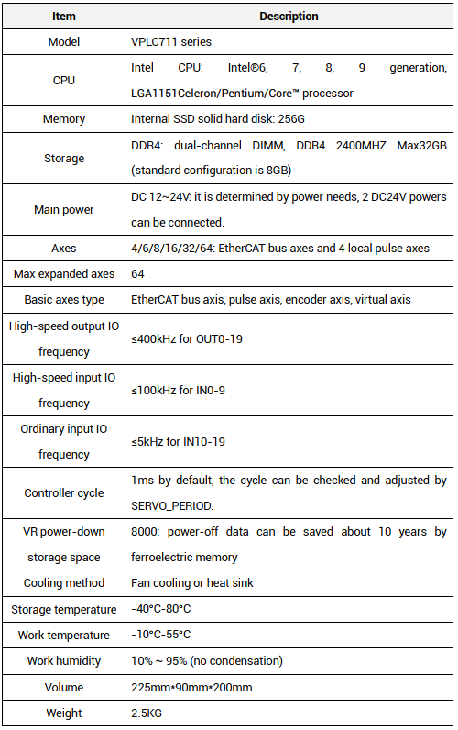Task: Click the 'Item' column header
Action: [x=64, y=16]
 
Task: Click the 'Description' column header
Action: [x=289, y=16]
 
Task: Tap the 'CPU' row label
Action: [x=64, y=80]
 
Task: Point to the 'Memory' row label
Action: [x=64, y=119]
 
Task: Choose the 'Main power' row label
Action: [x=64, y=209]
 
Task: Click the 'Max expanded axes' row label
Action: [x=64, y=274]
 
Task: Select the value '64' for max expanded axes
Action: [x=138, y=274]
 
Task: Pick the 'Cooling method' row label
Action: [x=64, y=583]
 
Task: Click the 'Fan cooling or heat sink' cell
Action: [x=192, y=583]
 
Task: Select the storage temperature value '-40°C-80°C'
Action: [x=163, y=609]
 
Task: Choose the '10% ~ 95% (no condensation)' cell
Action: [x=207, y=661]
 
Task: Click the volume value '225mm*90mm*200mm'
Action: [x=191, y=687]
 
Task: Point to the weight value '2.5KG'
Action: [x=147, y=713]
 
